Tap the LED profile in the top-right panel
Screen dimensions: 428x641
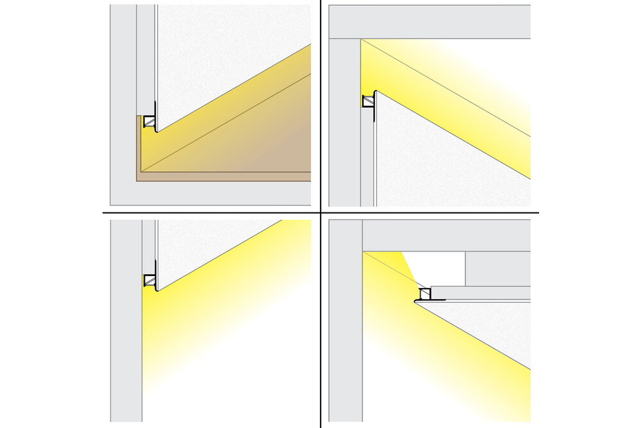(369, 101)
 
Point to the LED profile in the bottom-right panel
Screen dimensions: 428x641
(424, 295)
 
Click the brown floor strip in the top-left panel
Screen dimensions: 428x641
(224, 176)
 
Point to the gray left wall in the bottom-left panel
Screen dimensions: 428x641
(126, 321)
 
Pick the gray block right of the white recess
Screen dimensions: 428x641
(497, 268)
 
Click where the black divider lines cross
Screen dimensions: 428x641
(320, 213)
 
